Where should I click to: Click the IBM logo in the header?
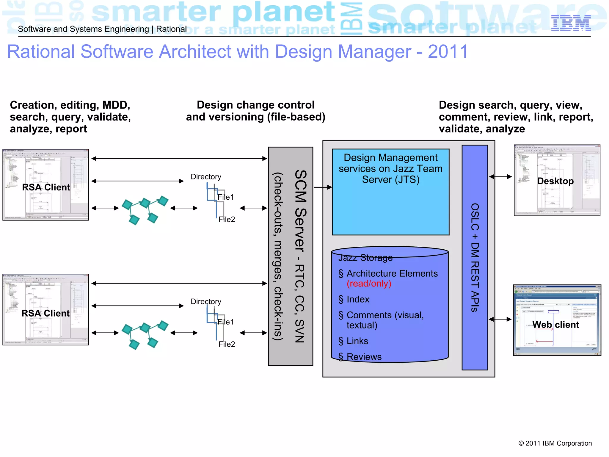tap(571, 23)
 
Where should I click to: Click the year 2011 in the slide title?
tap(448, 52)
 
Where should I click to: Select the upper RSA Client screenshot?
tap(45, 185)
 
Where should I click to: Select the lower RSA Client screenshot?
tap(45, 309)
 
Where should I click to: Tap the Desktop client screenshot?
tap(557, 180)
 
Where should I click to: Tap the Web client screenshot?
tap(557, 320)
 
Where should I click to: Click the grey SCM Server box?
tap(291, 256)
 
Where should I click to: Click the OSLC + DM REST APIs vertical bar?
tap(475, 257)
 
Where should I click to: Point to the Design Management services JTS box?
tap(390, 192)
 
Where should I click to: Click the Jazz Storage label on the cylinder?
tap(365, 258)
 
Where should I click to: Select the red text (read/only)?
tap(369, 284)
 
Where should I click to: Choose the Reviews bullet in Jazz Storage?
tap(364, 357)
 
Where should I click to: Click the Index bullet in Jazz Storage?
tap(357, 299)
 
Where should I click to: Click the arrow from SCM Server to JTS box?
tap(323, 187)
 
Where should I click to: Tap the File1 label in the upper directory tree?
tap(226, 197)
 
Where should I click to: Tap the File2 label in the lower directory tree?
tap(227, 344)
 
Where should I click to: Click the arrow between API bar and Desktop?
tap(501, 177)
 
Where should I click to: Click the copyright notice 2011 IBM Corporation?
tap(555, 443)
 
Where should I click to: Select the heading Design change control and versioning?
tap(255, 111)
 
